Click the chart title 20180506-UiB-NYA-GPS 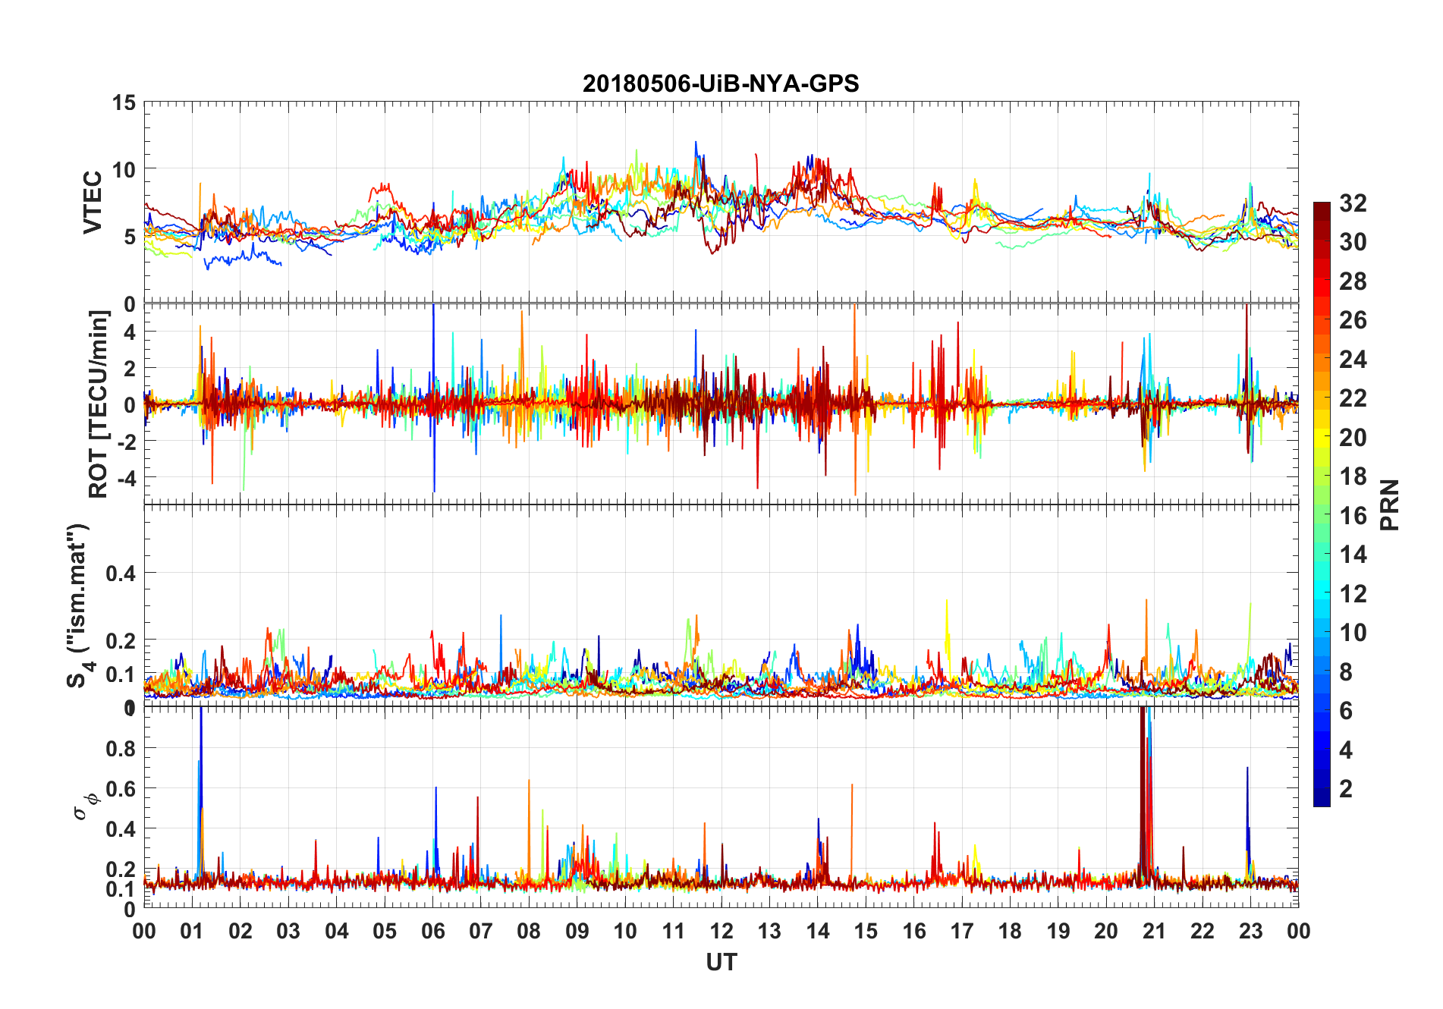pyautogui.click(x=721, y=83)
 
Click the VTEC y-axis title pyautogui.click(x=93, y=203)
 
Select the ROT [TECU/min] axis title pyautogui.click(x=99, y=404)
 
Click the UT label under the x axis pyautogui.click(x=721, y=962)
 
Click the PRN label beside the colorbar pyautogui.click(x=1390, y=504)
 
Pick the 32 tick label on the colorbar pyautogui.click(x=1353, y=203)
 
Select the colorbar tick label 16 pyautogui.click(x=1353, y=516)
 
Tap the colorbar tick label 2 pyautogui.click(x=1346, y=789)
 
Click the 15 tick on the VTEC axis pyautogui.click(x=124, y=102)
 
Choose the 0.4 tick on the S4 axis pyautogui.click(x=121, y=574)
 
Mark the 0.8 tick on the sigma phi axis pyautogui.click(x=121, y=749)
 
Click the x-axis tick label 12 pyautogui.click(x=721, y=931)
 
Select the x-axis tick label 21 pyautogui.click(x=1154, y=931)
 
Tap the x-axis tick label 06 pyautogui.click(x=432, y=931)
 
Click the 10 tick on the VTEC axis pyautogui.click(x=124, y=169)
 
